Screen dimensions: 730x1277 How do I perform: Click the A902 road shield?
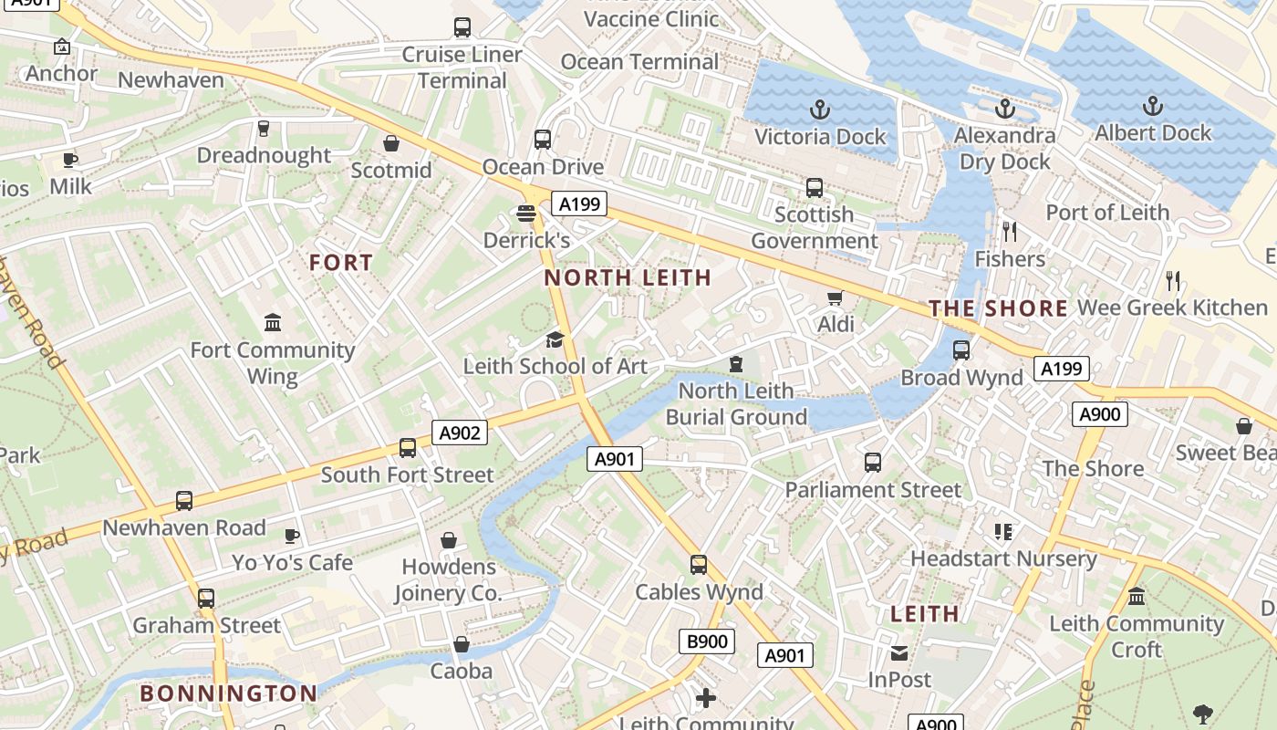[x=459, y=433]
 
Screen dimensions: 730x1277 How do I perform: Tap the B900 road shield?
[x=707, y=641]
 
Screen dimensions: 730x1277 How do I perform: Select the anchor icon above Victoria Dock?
[x=820, y=110]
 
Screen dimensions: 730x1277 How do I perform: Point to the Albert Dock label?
[x=1153, y=133]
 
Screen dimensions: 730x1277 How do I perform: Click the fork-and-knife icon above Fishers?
[x=1009, y=231]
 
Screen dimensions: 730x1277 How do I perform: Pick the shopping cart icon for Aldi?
[x=835, y=298]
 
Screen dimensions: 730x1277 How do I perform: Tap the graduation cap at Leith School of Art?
[x=555, y=340]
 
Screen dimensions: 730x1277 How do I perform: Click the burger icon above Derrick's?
[x=525, y=214]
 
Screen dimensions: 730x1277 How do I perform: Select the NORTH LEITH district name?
[x=628, y=278]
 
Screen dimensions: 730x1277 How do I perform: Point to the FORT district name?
[x=341, y=263]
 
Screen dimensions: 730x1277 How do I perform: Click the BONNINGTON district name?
[x=228, y=693]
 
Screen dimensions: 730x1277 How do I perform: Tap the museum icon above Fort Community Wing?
[x=273, y=322]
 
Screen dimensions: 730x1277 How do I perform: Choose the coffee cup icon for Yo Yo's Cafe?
[x=291, y=536]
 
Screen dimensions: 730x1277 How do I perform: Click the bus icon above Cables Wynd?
[x=699, y=565]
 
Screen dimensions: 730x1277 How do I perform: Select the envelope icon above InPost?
[x=899, y=652]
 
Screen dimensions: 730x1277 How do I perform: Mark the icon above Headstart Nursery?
[x=1003, y=531]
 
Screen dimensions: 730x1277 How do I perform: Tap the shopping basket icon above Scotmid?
[x=391, y=143]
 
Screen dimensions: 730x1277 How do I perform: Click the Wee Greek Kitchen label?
[x=1172, y=308]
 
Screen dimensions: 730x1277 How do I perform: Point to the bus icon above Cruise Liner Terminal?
[x=462, y=27]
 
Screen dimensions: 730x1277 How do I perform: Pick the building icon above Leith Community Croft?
[x=1137, y=597]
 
